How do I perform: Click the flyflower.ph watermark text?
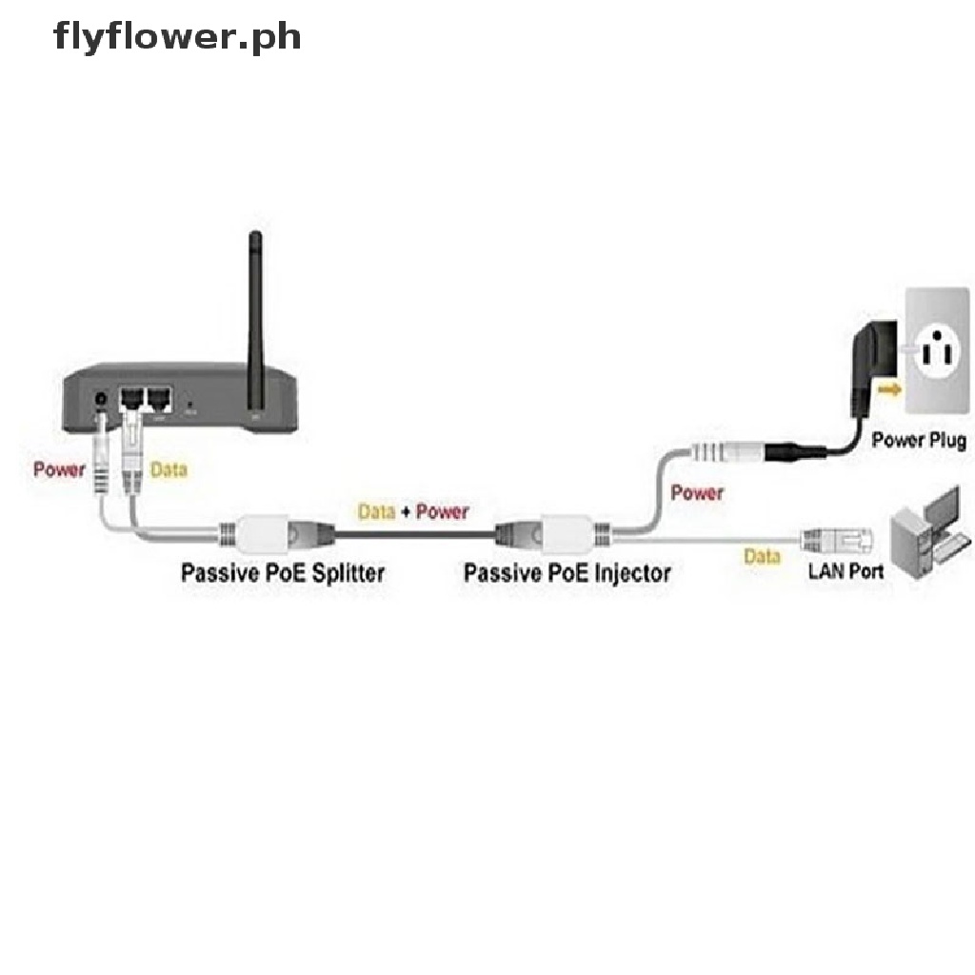pos(178,37)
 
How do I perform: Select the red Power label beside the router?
pos(59,469)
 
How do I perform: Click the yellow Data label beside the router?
pos(169,469)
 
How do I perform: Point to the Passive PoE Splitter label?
pos(283,572)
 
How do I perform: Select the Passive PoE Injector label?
pos(567,572)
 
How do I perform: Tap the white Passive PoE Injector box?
pos(568,529)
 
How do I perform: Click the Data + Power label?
pos(413,511)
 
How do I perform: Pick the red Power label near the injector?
pos(696,492)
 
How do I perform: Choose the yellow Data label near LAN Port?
pos(762,556)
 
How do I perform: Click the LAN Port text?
pos(845,571)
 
